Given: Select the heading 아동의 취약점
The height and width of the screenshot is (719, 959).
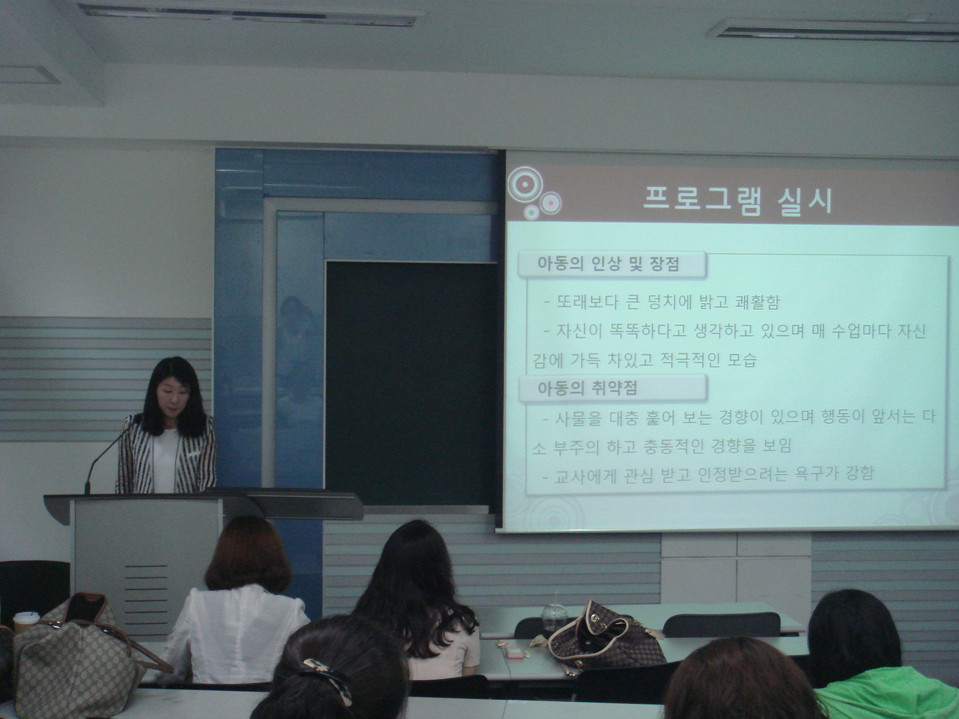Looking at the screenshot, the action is (587, 388).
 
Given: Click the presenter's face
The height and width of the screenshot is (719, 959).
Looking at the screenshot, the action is (170, 398).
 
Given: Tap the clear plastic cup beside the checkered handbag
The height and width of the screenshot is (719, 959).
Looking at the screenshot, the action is (552, 616).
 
